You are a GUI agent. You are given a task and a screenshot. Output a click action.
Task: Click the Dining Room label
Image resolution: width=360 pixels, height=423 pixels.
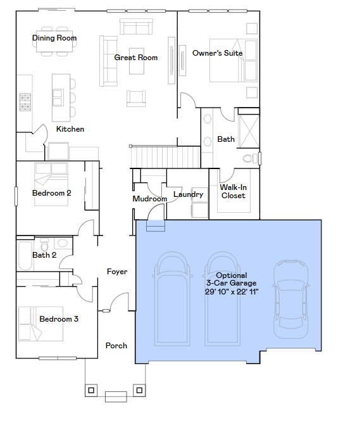(54, 38)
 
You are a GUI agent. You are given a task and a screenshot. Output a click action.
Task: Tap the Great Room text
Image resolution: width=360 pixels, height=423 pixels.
(135, 58)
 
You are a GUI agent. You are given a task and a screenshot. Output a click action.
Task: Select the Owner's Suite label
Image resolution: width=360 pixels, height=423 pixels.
(217, 53)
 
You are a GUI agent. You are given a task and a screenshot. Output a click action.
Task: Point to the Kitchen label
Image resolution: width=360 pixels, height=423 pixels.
(70, 129)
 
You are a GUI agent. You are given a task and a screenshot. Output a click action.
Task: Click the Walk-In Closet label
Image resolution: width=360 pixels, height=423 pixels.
(233, 191)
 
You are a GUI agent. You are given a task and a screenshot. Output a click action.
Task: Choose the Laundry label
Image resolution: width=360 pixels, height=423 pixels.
(189, 194)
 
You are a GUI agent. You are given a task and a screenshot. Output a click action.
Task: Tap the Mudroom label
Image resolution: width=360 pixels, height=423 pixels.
(149, 199)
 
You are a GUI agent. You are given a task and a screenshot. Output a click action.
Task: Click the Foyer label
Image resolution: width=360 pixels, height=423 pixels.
(117, 272)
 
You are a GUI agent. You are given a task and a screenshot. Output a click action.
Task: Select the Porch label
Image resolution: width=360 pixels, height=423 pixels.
(116, 346)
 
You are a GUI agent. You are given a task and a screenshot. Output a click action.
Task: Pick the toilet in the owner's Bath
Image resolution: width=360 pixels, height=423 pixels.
(251, 158)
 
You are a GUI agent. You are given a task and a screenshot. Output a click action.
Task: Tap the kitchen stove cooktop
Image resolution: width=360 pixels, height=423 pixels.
(26, 101)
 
